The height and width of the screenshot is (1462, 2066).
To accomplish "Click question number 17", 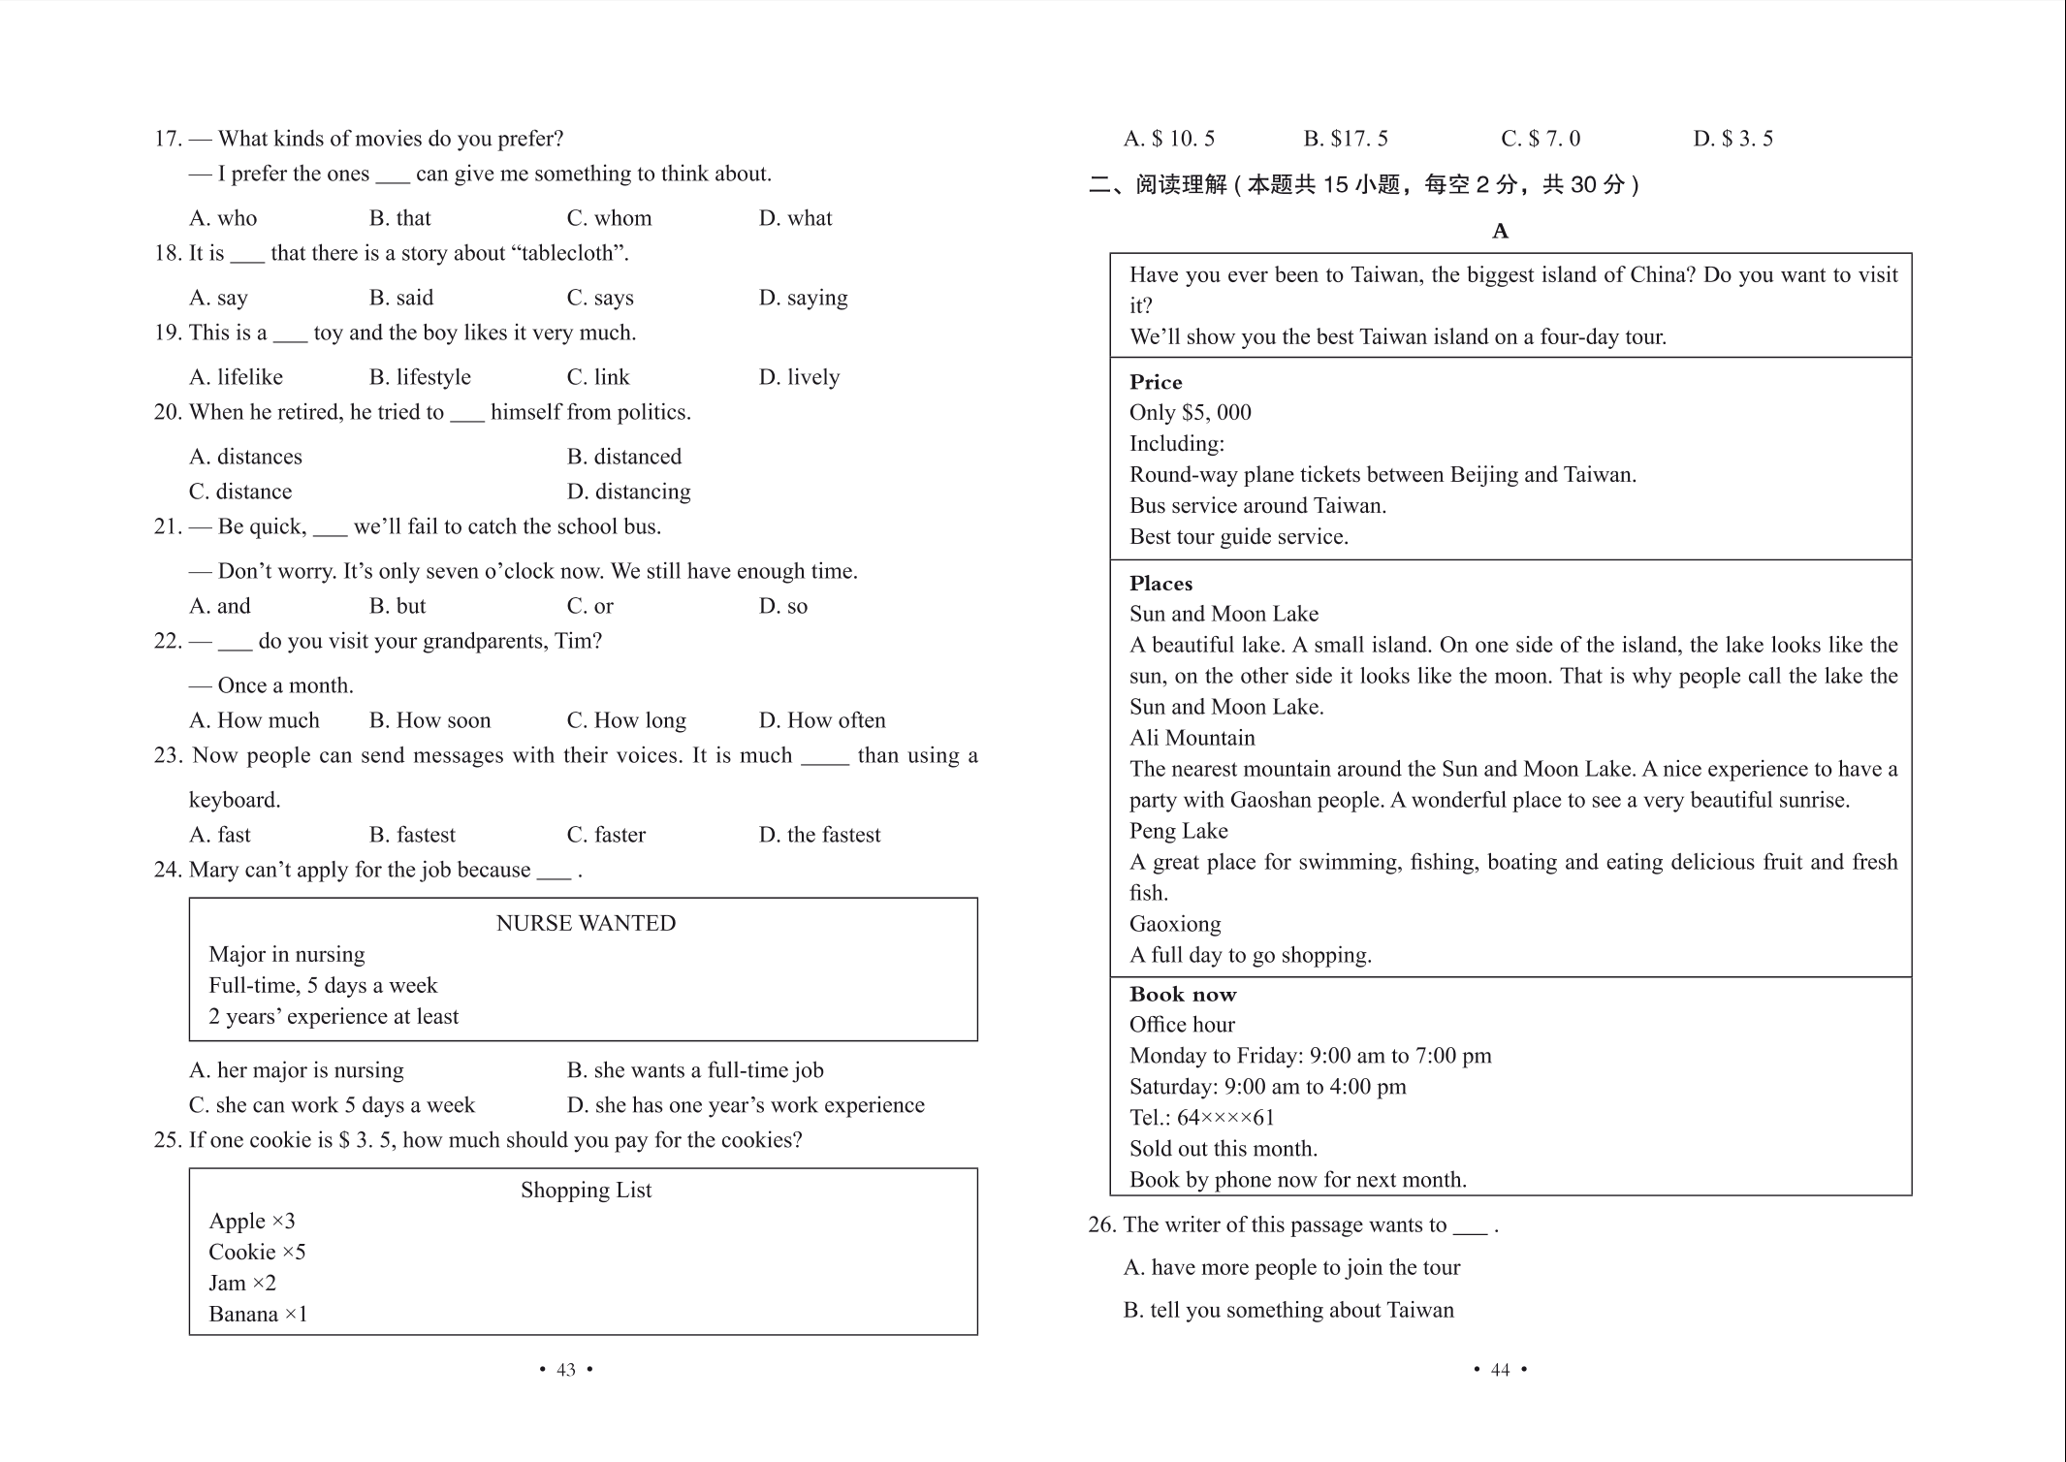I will tap(168, 139).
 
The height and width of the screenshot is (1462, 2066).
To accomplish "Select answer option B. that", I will tap(399, 218).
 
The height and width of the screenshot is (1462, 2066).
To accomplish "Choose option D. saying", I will tap(803, 298).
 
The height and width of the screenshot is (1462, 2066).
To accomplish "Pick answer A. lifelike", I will tap(236, 377).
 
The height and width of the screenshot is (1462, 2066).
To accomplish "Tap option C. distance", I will tap(239, 492).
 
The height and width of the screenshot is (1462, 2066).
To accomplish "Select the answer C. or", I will tap(589, 606).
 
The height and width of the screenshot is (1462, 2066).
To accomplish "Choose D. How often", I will tap(821, 720).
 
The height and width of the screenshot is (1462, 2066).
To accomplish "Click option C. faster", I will tap(606, 835).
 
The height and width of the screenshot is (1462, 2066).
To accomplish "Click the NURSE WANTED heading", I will tap(586, 923).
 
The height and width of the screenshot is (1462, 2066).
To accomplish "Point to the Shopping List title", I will tap(586, 1190).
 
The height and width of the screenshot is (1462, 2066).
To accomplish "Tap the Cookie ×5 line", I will tap(257, 1252).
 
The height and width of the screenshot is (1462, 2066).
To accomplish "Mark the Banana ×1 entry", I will tap(258, 1314).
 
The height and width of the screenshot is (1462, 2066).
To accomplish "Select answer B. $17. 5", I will tap(1345, 139).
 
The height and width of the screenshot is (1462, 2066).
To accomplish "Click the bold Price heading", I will tap(1156, 382).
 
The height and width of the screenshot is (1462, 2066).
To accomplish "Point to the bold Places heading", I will tap(1160, 584).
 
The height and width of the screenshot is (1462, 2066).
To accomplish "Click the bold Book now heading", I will tap(1183, 994).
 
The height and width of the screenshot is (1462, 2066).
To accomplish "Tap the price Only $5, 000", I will tap(1190, 412).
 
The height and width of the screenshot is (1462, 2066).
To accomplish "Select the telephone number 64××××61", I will tap(1225, 1118).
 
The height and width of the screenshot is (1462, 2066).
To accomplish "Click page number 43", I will tap(566, 1370).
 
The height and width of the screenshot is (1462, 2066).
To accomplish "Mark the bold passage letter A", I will tap(1500, 231).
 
